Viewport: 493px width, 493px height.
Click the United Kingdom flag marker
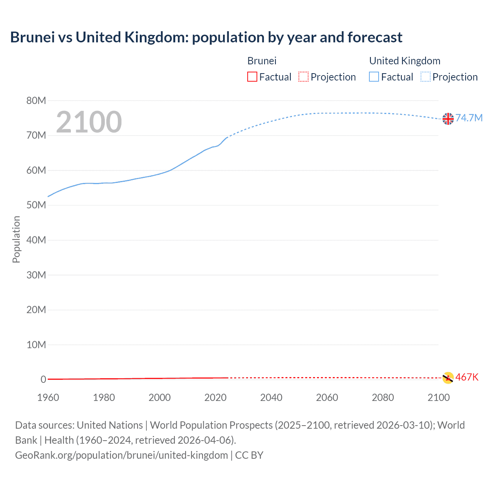pos(448,119)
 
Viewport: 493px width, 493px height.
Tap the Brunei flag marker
pos(448,378)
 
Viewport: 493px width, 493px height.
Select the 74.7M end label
pos(469,118)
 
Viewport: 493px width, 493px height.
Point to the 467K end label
pos(467,377)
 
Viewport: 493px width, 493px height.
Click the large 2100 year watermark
pos(89,122)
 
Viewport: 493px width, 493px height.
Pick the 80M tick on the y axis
pos(36,101)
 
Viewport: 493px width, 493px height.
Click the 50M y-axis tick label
pos(36,205)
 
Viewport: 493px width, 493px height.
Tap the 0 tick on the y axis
pos(43,379)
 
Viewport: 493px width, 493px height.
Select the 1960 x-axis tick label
pos(48,397)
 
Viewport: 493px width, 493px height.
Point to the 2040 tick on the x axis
pos(271,397)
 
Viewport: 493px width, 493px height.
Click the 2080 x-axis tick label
pos(383,397)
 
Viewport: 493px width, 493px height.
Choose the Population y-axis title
pos(16,240)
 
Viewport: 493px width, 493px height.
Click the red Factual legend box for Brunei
pos(252,77)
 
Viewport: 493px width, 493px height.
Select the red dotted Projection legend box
pos(304,77)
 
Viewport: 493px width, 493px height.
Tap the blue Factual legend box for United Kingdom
pos(374,77)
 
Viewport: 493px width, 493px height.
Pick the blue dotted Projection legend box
pos(425,77)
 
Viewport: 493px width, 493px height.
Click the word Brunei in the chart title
pos(32,37)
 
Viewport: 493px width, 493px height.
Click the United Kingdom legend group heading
pos(404,61)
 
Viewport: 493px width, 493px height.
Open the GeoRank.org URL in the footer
pos(121,455)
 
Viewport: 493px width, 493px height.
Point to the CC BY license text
pos(249,455)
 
